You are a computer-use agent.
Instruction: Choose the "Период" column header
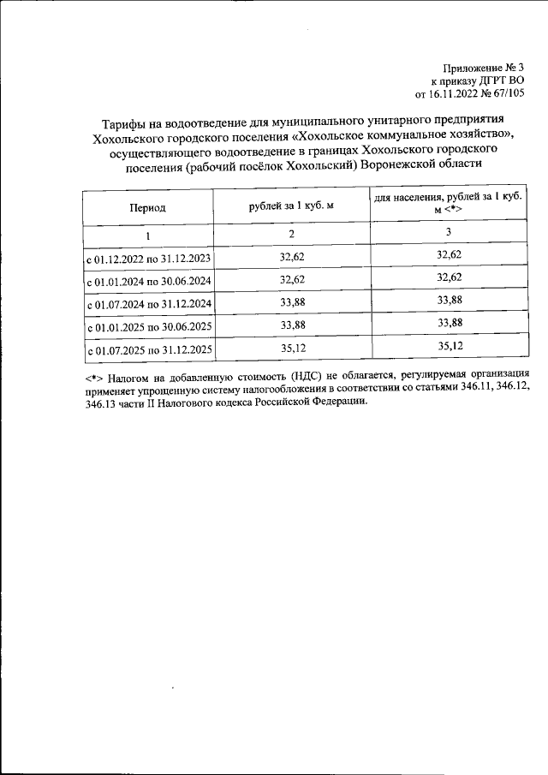click(x=147, y=207)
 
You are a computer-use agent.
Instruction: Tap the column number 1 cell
click(x=147, y=235)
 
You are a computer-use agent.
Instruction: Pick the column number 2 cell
click(x=290, y=235)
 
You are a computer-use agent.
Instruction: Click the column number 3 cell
click(x=449, y=233)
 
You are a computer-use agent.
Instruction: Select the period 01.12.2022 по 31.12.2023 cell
click(x=149, y=258)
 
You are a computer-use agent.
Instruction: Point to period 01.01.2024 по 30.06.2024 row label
click(x=149, y=281)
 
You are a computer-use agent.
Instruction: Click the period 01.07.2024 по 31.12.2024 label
click(x=149, y=304)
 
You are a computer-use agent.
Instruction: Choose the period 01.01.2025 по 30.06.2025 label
click(x=149, y=327)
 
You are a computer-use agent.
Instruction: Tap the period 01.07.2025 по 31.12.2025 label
click(x=149, y=350)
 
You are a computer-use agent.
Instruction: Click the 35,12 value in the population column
click(x=449, y=346)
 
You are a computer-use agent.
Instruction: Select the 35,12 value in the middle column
click(x=292, y=348)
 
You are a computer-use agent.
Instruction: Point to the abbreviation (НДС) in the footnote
click(x=308, y=376)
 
